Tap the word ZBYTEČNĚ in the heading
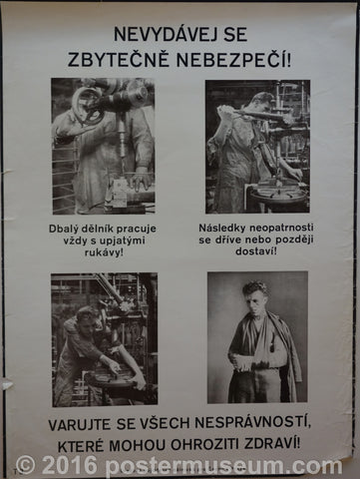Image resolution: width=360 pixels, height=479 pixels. pos(118,60)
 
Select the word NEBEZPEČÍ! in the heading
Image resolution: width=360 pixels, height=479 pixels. pos(233,60)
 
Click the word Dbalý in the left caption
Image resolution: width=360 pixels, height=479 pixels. pos(62,229)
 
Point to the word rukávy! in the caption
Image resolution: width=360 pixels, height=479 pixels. pos(103,251)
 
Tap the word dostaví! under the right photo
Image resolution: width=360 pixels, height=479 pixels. pos(256,250)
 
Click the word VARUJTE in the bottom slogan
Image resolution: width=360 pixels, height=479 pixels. pos(79,424)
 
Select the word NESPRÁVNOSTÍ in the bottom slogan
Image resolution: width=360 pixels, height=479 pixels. pos(252,423)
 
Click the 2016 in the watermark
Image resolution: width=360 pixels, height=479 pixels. pos(69,465)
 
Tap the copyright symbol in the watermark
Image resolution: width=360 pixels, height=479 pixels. pos(26,465)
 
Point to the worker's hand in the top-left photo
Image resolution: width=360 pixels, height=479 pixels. pos(141,181)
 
